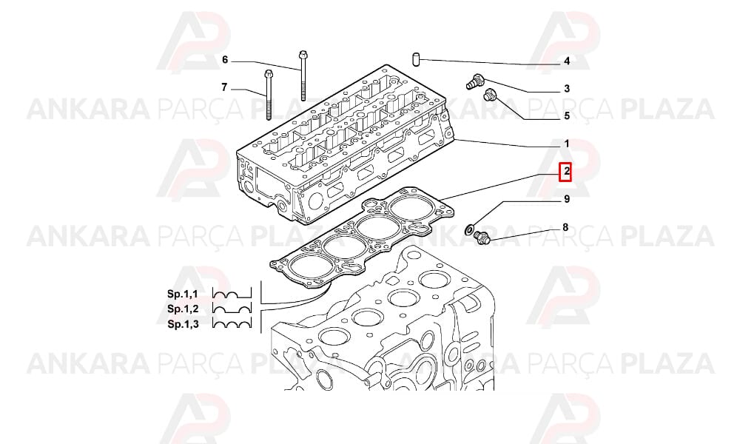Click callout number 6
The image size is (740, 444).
(x=225, y=60)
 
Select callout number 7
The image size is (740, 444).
(x=224, y=87)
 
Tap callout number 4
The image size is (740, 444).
(x=567, y=61)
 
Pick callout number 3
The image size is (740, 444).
(x=567, y=89)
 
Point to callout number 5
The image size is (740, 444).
(x=567, y=116)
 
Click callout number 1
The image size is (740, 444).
(x=567, y=144)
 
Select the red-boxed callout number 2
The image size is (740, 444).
(x=565, y=172)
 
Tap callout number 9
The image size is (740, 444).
(x=567, y=199)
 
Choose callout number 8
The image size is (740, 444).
(x=565, y=228)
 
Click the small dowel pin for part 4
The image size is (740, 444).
(x=417, y=61)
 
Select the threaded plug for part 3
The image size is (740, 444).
(x=474, y=81)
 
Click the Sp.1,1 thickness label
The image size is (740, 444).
(x=183, y=294)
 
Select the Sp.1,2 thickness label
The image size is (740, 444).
(x=183, y=309)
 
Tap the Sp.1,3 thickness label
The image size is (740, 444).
(x=183, y=324)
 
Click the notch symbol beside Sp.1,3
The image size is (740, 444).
(x=232, y=323)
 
